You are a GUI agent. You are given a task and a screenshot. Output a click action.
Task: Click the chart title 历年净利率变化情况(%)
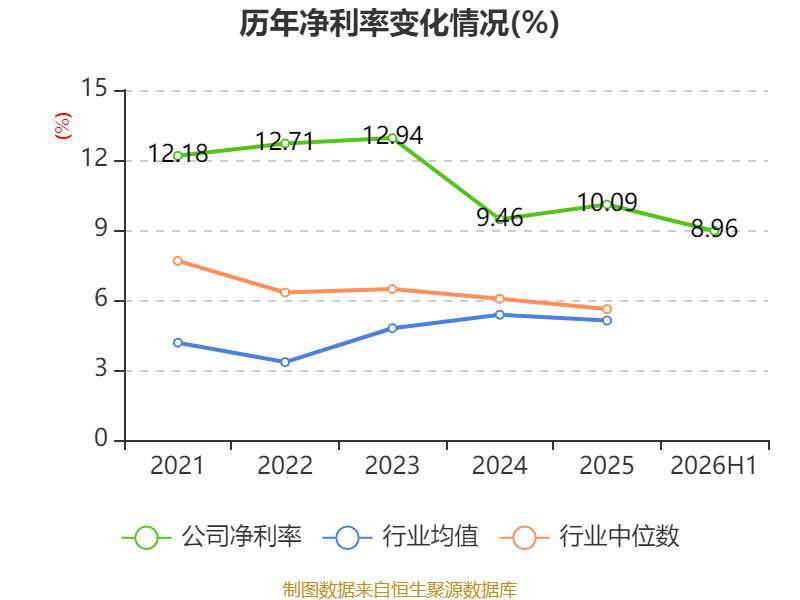coord(399,23)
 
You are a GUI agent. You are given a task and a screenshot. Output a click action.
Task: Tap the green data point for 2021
coord(178,156)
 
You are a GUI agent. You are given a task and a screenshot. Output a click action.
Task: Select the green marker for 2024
coord(499,219)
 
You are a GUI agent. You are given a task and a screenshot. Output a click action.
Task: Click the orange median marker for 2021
coord(178,261)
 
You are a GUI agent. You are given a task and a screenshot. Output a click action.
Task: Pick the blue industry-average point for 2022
coord(285,362)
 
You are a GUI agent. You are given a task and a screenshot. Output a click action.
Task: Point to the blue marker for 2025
coord(607,320)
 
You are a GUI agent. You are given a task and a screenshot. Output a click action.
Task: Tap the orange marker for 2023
coord(392,289)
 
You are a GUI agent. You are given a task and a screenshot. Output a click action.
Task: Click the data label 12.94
coord(393,136)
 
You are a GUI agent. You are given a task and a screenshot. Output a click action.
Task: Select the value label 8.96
coord(714,229)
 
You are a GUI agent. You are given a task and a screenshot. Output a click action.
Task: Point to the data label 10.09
coord(607,203)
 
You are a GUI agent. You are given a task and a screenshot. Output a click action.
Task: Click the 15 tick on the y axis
coord(94,88)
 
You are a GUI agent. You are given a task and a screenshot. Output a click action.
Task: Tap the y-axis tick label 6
coord(101,298)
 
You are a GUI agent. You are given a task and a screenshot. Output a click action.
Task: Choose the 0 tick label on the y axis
coord(101,438)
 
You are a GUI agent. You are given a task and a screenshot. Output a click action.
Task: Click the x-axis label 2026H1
coord(713,466)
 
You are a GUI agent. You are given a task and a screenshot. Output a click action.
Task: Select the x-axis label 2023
coord(392,466)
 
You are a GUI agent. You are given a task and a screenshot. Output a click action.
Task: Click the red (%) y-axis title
coord(63,126)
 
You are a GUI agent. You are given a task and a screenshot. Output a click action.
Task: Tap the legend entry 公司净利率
coord(212,537)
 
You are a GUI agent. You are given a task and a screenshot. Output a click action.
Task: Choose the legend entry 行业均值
coord(401,537)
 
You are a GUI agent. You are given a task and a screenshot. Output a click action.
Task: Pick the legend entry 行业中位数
coord(589,537)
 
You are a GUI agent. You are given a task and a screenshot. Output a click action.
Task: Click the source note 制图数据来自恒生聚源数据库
coord(399,590)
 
